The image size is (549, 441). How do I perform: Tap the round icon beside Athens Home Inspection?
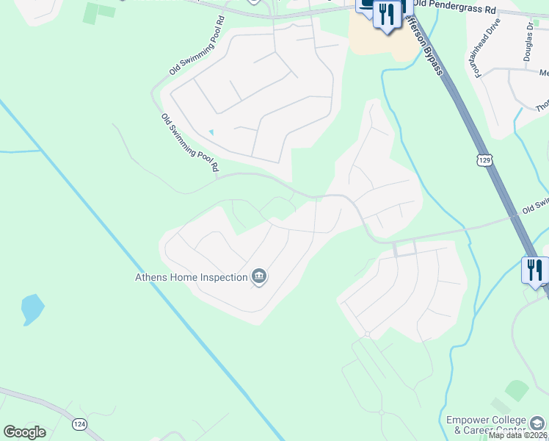259,276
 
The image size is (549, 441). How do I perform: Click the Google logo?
24,432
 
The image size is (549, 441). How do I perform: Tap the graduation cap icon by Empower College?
538,424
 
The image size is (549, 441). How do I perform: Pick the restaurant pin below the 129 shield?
534,270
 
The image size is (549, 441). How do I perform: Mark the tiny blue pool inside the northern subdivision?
211,132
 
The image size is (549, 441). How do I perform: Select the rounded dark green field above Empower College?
517,390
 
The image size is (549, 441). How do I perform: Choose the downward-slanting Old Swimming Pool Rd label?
190,143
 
